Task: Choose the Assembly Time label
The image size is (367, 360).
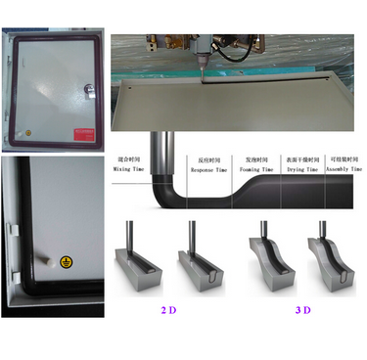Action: tap(344, 169)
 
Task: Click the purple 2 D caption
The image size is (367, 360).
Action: tap(168, 310)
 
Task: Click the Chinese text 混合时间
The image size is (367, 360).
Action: tap(128, 157)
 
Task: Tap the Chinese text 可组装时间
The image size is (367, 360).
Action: tap(344, 157)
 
